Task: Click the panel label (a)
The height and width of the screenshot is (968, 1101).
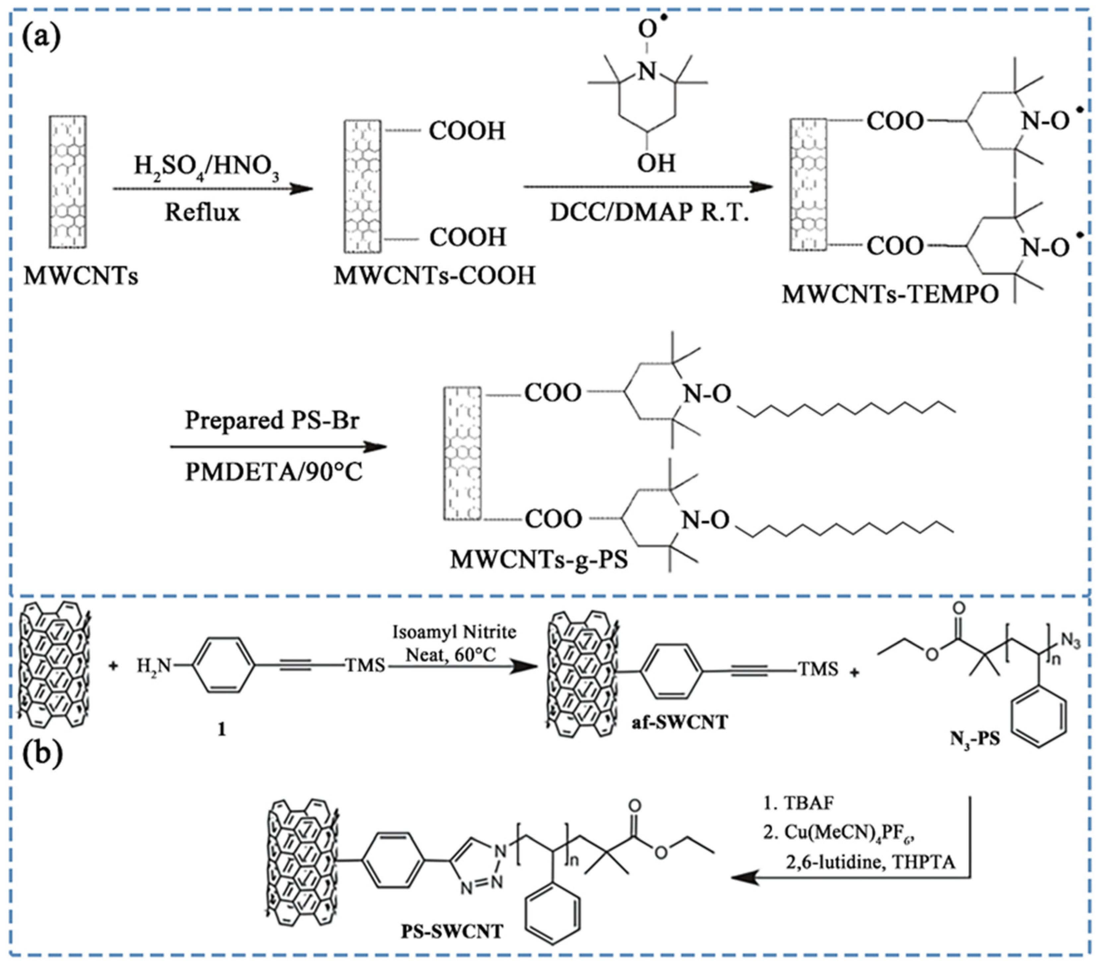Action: click(x=41, y=37)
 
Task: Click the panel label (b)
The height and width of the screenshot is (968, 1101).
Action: click(x=42, y=755)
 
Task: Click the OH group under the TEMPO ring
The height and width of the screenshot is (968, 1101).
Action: click(x=656, y=162)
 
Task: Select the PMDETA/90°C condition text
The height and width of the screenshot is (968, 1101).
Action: click(x=274, y=472)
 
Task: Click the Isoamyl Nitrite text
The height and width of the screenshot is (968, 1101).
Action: click(x=454, y=632)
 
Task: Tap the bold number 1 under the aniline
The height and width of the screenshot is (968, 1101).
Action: click(x=222, y=729)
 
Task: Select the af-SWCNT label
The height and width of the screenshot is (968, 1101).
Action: click(x=680, y=722)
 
